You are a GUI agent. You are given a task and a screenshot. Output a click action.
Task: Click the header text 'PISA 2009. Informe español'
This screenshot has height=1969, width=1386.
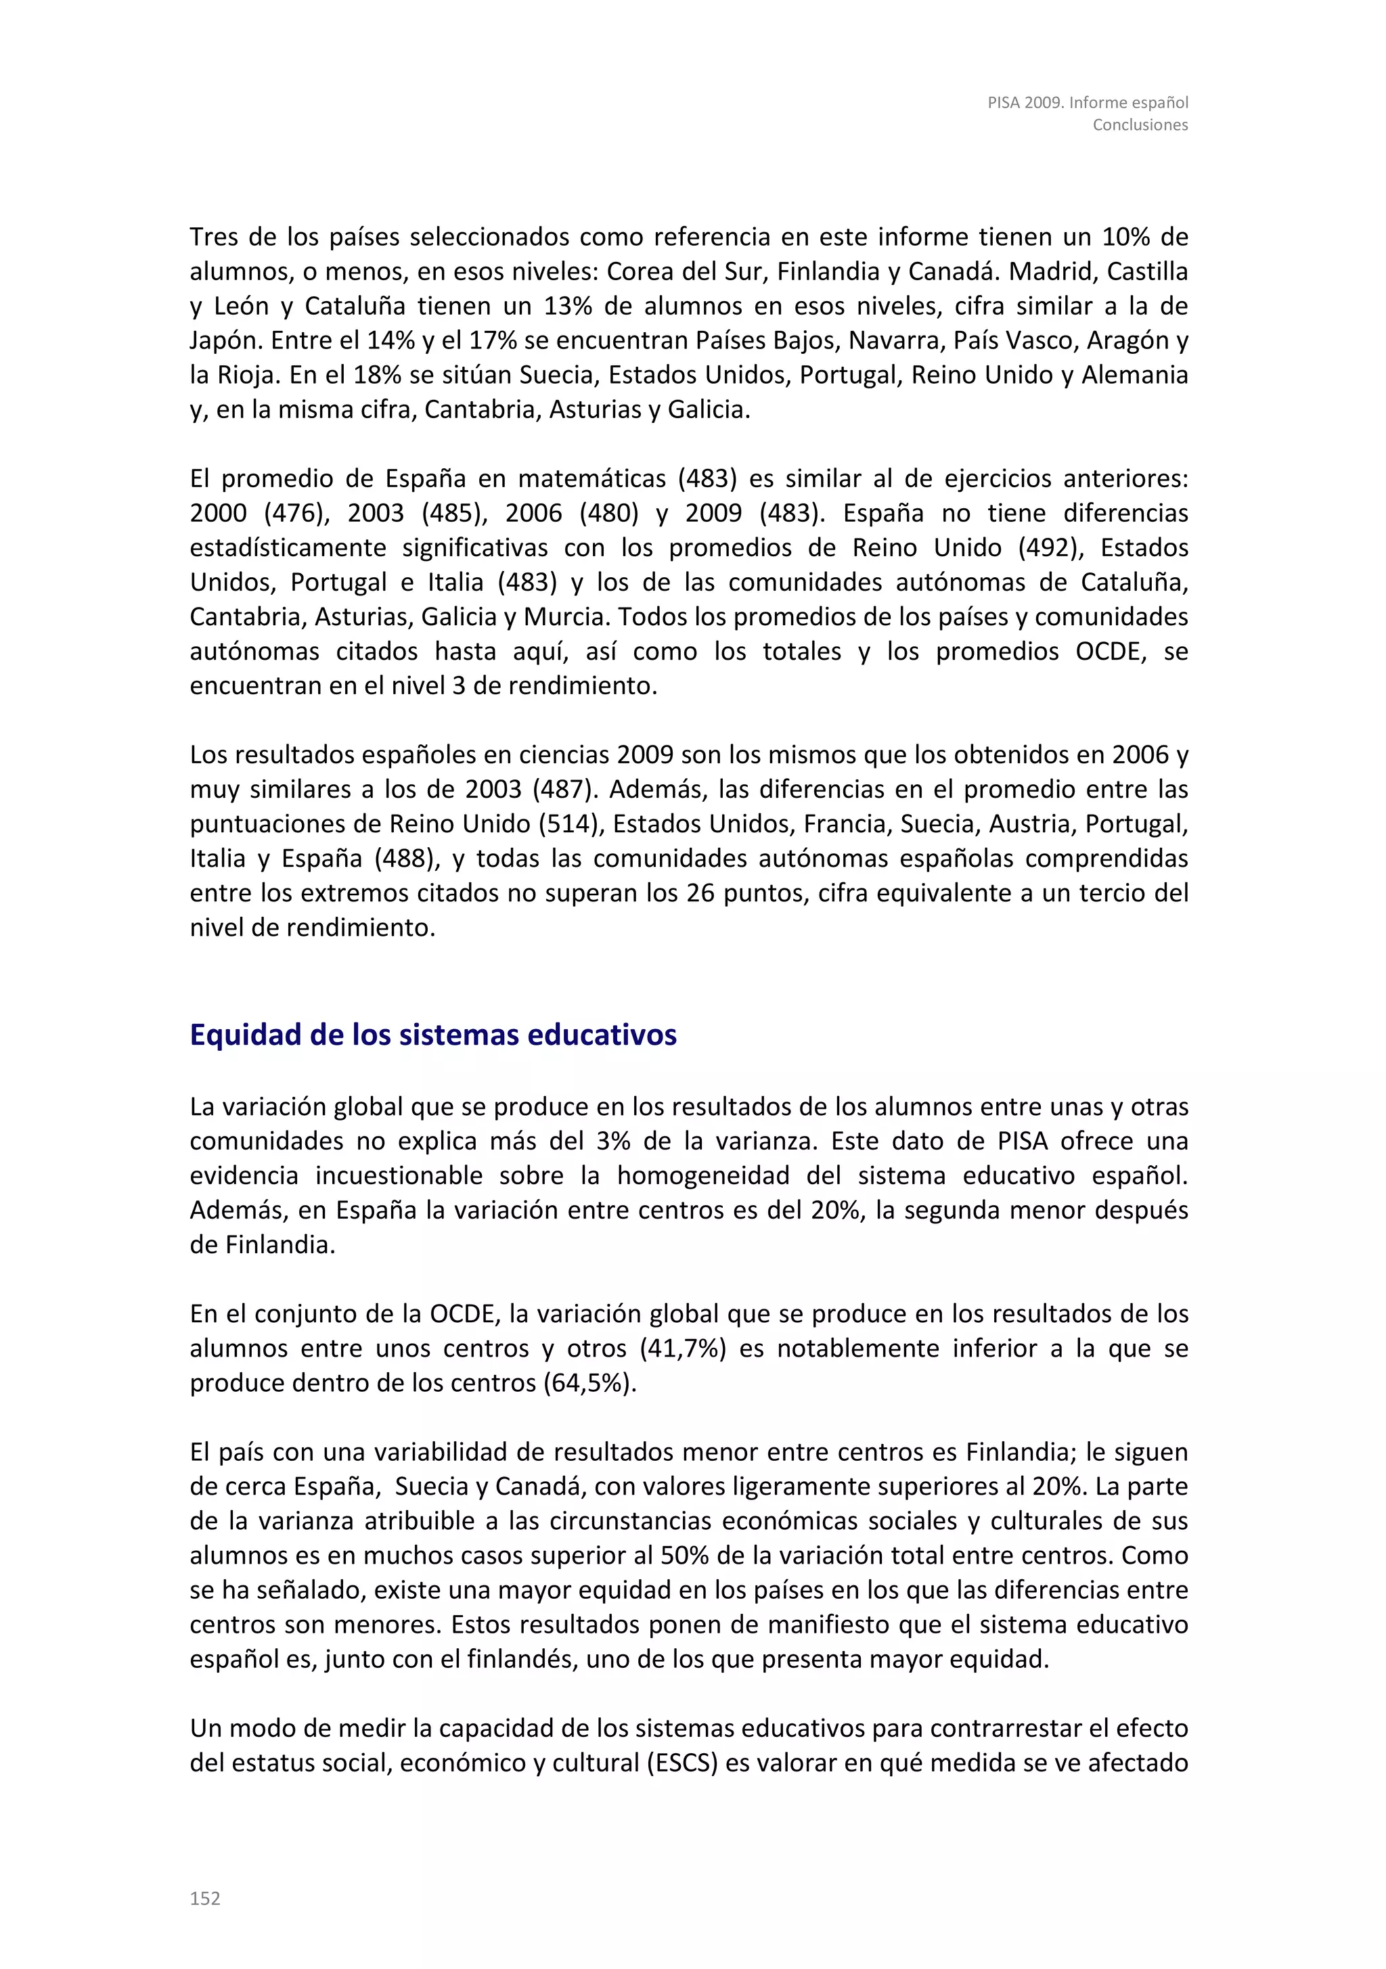tap(1088, 102)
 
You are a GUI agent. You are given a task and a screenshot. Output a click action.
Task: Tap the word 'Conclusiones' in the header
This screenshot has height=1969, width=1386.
tap(1140, 125)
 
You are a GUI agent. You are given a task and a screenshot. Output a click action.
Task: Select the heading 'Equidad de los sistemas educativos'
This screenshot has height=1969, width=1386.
tap(433, 1035)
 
